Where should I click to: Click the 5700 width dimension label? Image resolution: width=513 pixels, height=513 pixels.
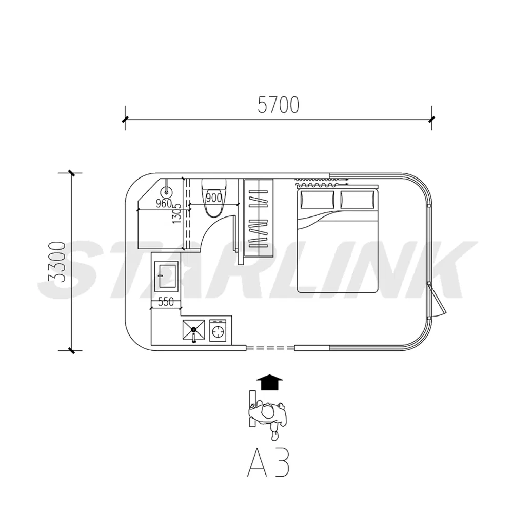pyautogui.click(x=278, y=105)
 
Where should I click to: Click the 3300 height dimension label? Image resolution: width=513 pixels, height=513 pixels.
pyautogui.click(x=56, y=262)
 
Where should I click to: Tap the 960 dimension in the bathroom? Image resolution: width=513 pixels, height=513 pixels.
pyautogui.click(x=164, y=204)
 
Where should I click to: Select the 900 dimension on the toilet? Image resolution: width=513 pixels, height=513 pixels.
pyautogui.click(x=214, y=198)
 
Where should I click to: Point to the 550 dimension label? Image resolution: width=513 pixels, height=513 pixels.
pyautogui.click(x=166, y=302)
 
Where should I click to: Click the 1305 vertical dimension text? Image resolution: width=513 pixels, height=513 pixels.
pyautogui.click(x=176, y=213)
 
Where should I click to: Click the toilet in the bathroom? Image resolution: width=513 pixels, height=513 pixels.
pyautogui.click(x=214, y=198)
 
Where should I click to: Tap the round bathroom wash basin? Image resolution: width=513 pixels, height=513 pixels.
pyautogui.click(x=167, y=191)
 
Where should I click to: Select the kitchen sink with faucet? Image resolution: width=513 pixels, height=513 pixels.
pyautogui.click(x=194, y=330)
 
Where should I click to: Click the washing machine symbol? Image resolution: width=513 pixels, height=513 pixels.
pyautogui.click(x=218, y=331)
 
